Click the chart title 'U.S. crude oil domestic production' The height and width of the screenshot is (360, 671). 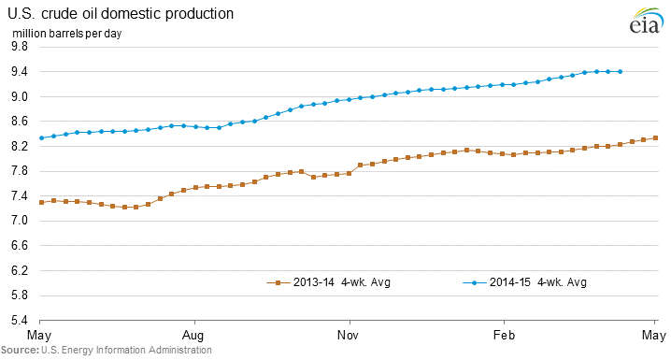tap(121, 14)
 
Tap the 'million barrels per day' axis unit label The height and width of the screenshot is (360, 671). tap(66, 34)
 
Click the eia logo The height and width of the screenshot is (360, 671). tap(645, 22)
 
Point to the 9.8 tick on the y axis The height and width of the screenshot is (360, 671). tap(20, 46)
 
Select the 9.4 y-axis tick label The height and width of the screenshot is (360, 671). tap(20, 71)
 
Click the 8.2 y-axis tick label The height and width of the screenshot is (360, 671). tap(20, 147)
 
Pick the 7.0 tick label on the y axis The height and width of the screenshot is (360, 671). tap(20, 221)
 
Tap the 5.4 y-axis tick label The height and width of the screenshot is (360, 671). tap(20, 320)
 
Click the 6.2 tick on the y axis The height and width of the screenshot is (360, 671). tap(20, 270)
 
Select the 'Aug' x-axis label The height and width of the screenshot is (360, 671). tap(193, 335)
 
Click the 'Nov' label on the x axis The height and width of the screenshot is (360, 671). tap(348, 335)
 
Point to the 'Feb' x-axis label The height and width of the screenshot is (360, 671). tap(504, 335)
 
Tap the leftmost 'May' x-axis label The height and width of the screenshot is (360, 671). tap(39, 335)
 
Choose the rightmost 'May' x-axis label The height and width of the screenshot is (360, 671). tap(654, 335)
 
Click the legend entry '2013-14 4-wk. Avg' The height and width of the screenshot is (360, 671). tap(328, 282)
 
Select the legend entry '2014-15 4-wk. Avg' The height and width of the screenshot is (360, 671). tap(524, 282)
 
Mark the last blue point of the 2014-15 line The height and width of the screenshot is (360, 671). tap(621, 71)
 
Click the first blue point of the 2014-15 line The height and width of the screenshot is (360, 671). tap(41, 137)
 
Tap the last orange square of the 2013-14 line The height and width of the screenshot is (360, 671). tap(655, 137)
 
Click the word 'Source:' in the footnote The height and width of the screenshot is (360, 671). tap(20, 350)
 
